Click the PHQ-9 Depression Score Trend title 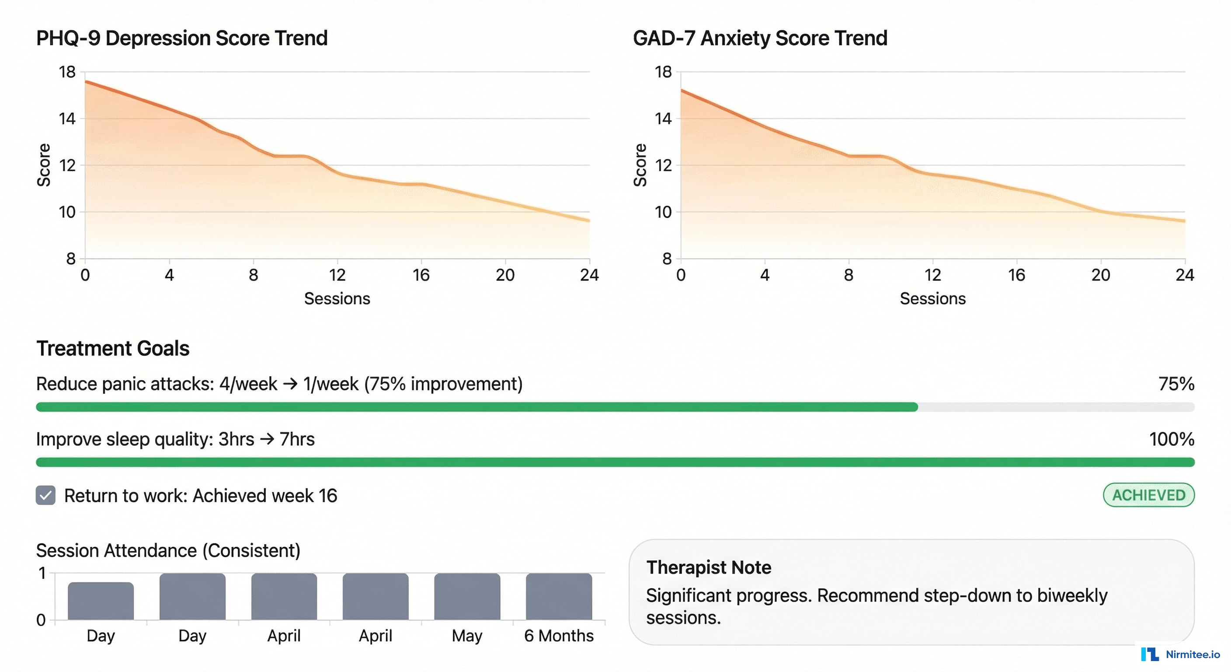(181, 38)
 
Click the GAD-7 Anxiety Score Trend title (760, 38)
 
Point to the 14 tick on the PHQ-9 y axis (67, 119)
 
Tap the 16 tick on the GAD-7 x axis (1016, 275)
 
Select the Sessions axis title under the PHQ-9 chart (337, 298)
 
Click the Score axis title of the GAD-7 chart (640, 165)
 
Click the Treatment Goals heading (113, 348)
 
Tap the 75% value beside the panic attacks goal (1176, 384)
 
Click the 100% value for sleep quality (1171, 439)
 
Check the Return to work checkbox (45, 496)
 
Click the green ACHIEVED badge (1148, 495)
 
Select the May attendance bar (467, 596)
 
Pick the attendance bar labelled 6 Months (559, 596)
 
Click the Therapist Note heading (709, 567)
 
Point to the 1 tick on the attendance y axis (42, 573)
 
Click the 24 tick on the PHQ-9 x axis (589, 275)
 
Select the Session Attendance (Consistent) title (168, 550)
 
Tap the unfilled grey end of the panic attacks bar (1056, 407)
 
